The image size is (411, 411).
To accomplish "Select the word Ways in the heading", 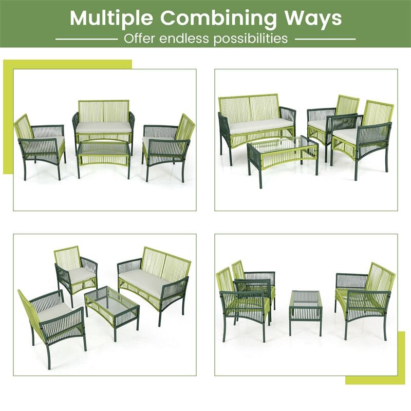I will [x=313, y=18].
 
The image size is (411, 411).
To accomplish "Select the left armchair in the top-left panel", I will [x=41, y=144].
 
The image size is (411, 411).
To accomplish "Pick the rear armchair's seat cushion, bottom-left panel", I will [x=81, y=275].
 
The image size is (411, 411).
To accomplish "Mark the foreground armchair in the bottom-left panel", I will [x=54, y=319].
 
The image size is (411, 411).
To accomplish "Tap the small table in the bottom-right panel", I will [x=305, y=308].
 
